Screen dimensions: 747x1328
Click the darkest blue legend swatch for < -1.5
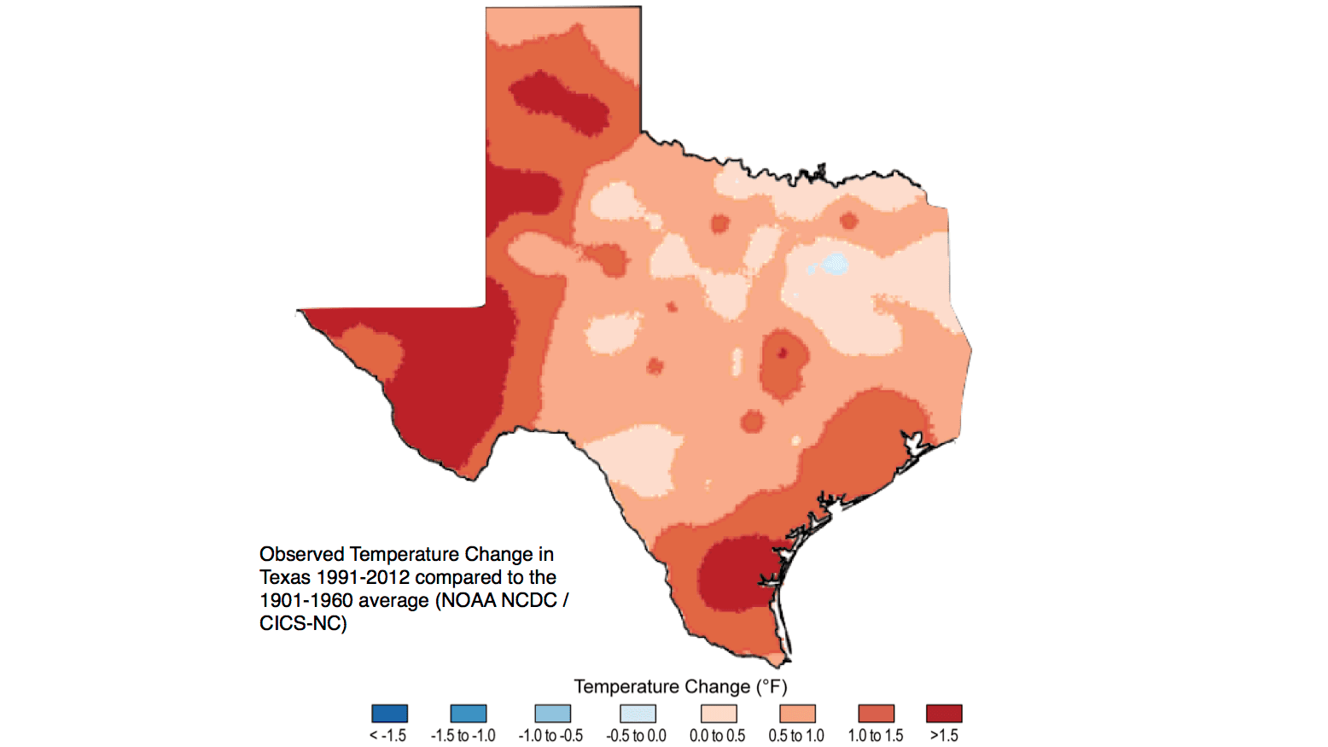pos(389,714)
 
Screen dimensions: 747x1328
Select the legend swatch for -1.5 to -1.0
pos(468,714)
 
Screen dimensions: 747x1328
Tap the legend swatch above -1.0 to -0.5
pos(552,714)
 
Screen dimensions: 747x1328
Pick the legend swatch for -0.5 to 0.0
pos(638,714)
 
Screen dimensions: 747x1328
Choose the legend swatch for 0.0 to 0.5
pos(718,714)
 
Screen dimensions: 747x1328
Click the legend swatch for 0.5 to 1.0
pos(797,714)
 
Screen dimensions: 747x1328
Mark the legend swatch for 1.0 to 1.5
pos(876,714)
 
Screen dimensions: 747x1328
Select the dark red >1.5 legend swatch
pos(944,714)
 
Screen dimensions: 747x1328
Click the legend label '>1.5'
pos(944,736)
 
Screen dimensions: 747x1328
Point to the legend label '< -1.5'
pos(387,736)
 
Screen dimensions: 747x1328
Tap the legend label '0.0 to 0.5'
pos(717,736)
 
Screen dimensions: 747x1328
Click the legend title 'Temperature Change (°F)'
pos(680,686)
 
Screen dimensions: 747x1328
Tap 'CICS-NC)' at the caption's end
pos(303,624)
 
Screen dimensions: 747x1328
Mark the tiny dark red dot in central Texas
pos(782,352)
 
